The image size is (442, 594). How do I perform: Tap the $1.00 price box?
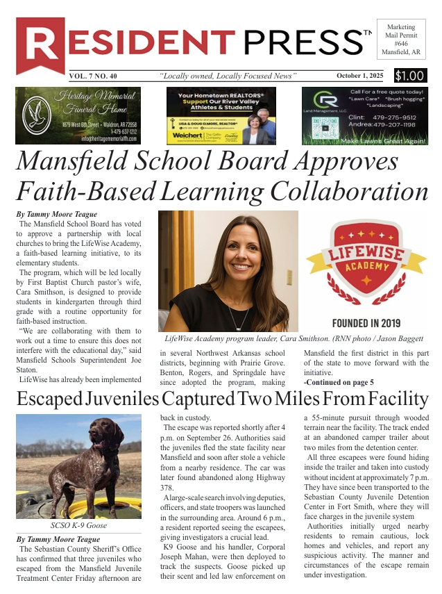point(410,76)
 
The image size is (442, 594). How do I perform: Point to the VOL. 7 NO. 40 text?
point(97,76)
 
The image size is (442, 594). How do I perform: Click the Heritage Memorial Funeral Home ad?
point(78,115)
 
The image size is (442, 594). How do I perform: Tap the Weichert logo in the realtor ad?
point(187,135)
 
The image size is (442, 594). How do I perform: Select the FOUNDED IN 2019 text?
point(366,324)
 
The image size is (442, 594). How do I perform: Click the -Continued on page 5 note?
point(339,382)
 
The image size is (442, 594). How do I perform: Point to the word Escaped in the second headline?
point(51,399)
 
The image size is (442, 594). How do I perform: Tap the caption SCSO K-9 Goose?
point(78,527)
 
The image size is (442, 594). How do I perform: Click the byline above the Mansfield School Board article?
point(57,215)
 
